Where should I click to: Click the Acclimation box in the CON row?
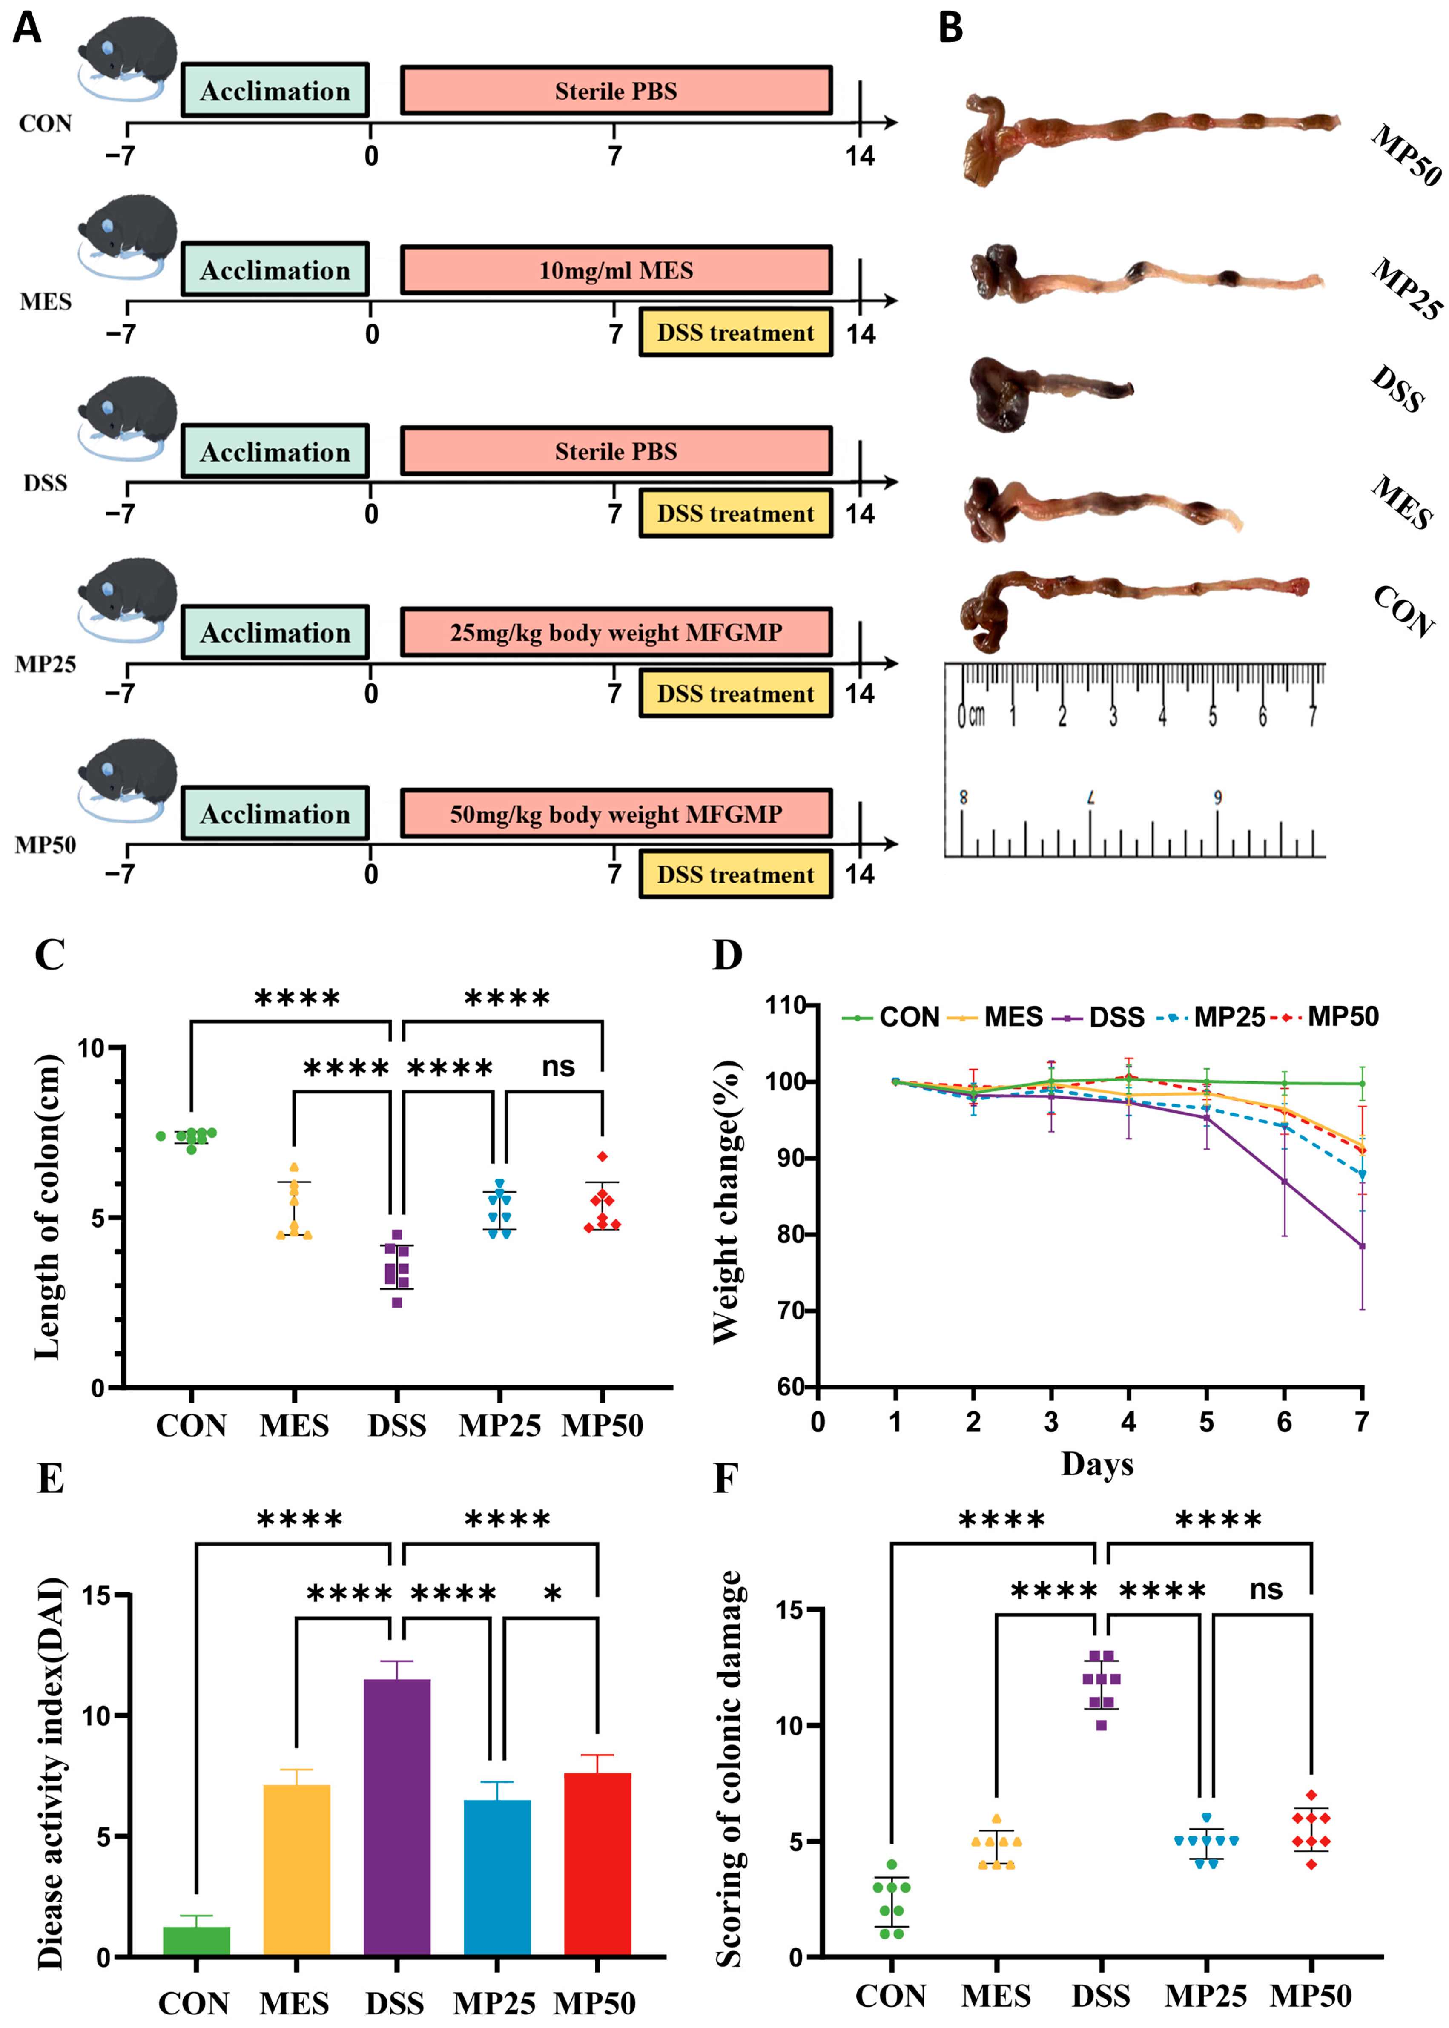click(275, 90)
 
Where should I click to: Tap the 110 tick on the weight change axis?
click(785, 1006)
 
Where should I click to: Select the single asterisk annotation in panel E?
click(552, 1592)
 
